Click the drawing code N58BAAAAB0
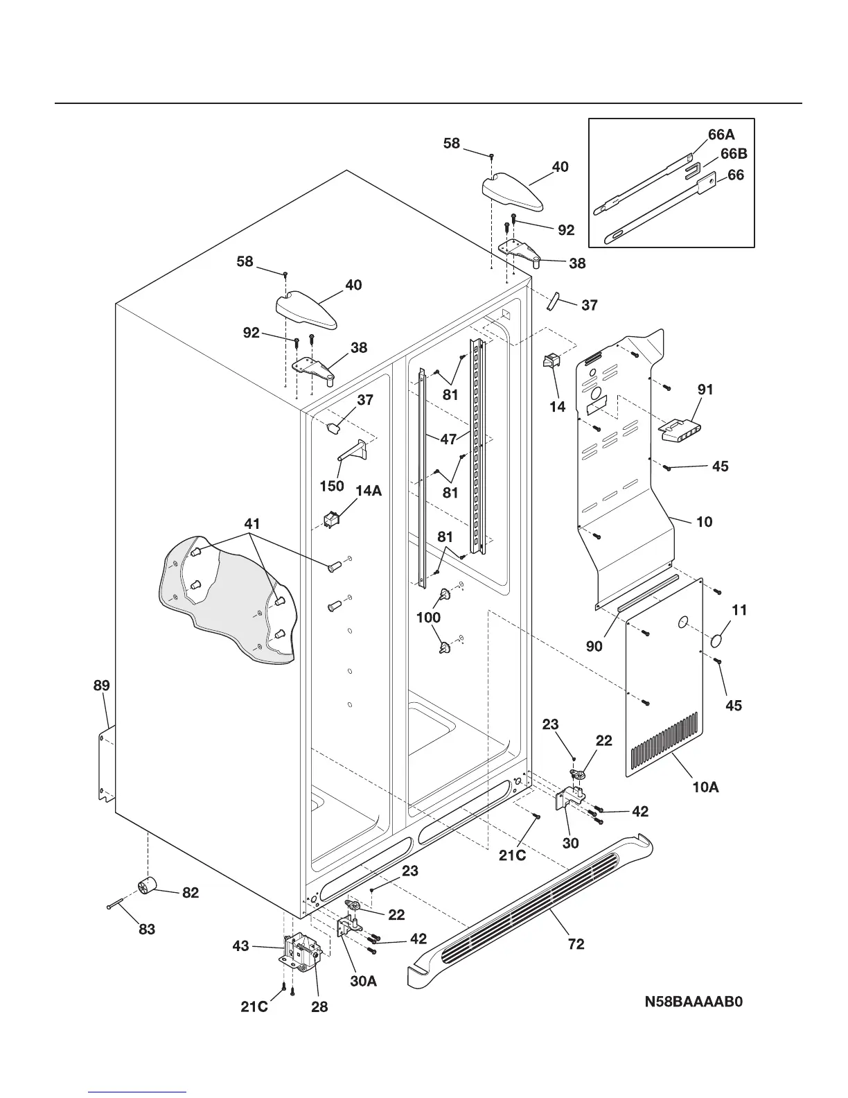(693, 1002)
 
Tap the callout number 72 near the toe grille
(576, 944)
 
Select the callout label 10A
(705, 787)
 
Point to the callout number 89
(102, 686)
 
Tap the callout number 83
(147, 930)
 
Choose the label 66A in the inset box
(721, 134)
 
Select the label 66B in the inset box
(734, 154)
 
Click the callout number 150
(332, 486)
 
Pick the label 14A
(369, 491)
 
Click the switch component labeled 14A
(330, 519)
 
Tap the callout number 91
(705, 390)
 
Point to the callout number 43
(240, 946)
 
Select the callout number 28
(319, 1007)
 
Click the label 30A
(363, 982)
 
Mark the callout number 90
(594, 646)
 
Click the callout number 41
(252, 523)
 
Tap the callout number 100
(428, 618)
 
